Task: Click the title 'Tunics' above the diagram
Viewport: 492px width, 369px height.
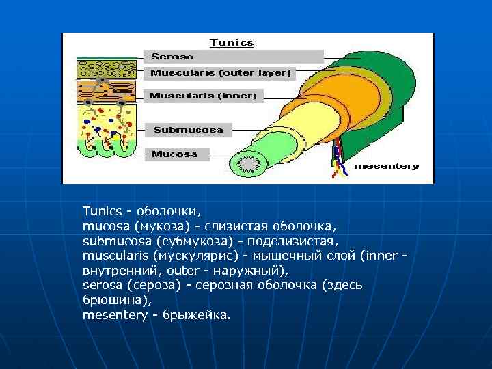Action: click(232, 42)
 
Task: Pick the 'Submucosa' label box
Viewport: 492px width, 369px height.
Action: click(189, 129)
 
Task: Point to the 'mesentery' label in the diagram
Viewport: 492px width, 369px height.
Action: click(386, 166)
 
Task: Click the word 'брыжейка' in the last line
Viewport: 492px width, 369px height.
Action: click(196, 315)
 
